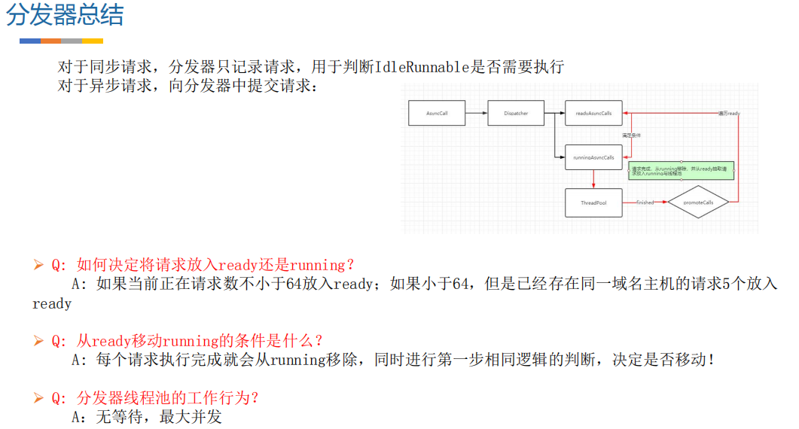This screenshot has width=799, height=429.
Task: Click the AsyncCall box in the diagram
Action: pyautogui.click(x=437, y=114)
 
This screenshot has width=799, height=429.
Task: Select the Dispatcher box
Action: pyautogui.click(x=516, y=114)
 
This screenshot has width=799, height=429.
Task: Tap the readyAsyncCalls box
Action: pyautogui.click(x=593, y=114)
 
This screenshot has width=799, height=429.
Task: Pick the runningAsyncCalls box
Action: pyautogui.click(x=593, y=158)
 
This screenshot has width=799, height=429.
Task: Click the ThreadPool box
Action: pyautogui.click(x=593, y=202)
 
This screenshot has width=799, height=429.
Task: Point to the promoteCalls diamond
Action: pyautogui.click(x=698, y=202)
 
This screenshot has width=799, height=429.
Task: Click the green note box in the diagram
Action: pyautogui.click(x=680, y=171)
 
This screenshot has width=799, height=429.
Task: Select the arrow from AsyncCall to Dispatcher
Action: pyautogui.click(x=476, y=114)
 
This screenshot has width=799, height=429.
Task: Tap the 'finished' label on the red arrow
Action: pyautogui.click(x=645, y=202)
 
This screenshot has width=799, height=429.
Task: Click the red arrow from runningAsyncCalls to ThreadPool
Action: pyautogui.click(x=593, y=179)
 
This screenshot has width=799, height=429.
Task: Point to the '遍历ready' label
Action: pyautogui.click(x=728, y=113)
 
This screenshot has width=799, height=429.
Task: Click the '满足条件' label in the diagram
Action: pyautogui.click(x=631, y=135)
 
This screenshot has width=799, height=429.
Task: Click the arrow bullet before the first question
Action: pyautogui.click(x=39, y=265)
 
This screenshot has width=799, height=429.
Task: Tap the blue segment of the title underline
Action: pyautogui.click(x=29, y=41)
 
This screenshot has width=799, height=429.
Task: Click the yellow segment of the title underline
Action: pyautogui.click(x=93, y=41)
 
